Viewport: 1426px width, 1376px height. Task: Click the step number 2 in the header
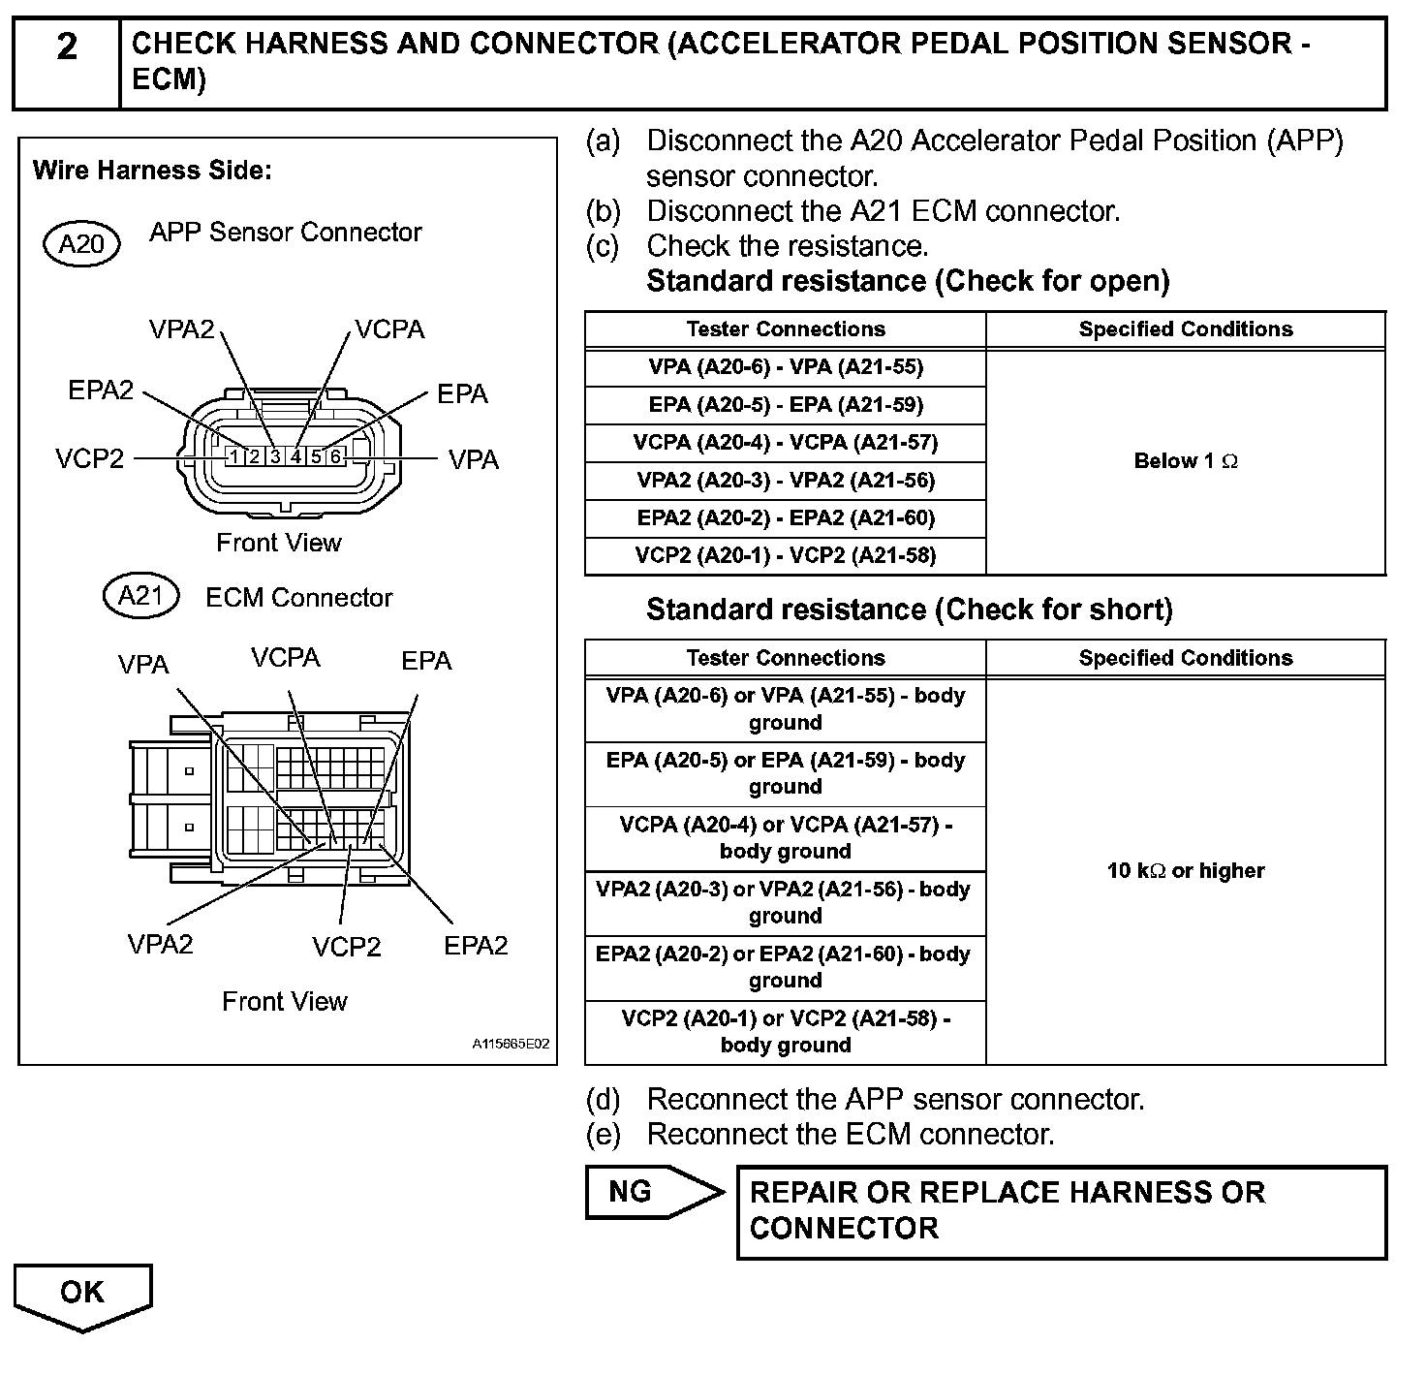coord(66,47)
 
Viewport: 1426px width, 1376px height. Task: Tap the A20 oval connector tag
coord(81,243)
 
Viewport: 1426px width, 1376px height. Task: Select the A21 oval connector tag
coord(140,595)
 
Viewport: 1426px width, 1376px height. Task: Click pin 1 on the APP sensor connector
coord(233,456)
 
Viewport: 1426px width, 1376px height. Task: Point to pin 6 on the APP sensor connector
coord(335,456)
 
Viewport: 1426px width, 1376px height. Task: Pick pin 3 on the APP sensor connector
coord(274,456)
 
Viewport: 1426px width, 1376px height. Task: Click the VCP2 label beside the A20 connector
coord(90,458)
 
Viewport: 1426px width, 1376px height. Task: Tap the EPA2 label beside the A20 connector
coord(101,391)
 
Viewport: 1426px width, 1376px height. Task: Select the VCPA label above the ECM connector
coord(285,658)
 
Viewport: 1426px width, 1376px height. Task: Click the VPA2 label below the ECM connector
coord(160,944)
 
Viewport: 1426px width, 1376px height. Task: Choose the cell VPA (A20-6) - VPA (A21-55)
coord(786,367)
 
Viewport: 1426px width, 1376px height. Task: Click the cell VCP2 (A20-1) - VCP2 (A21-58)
coord(786,555)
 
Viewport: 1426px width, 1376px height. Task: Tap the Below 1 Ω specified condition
coord(1186,461)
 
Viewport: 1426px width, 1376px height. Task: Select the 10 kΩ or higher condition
coord(1186,870)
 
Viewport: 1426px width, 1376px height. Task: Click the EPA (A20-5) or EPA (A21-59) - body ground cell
coord(786,773)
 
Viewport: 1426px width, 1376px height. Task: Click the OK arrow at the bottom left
coord(82,1294)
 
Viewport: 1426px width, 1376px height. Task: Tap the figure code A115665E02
coord(511,1045)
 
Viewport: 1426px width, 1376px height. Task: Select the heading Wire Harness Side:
coord(152,172)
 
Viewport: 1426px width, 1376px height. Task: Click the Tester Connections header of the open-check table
coord(786,329)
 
